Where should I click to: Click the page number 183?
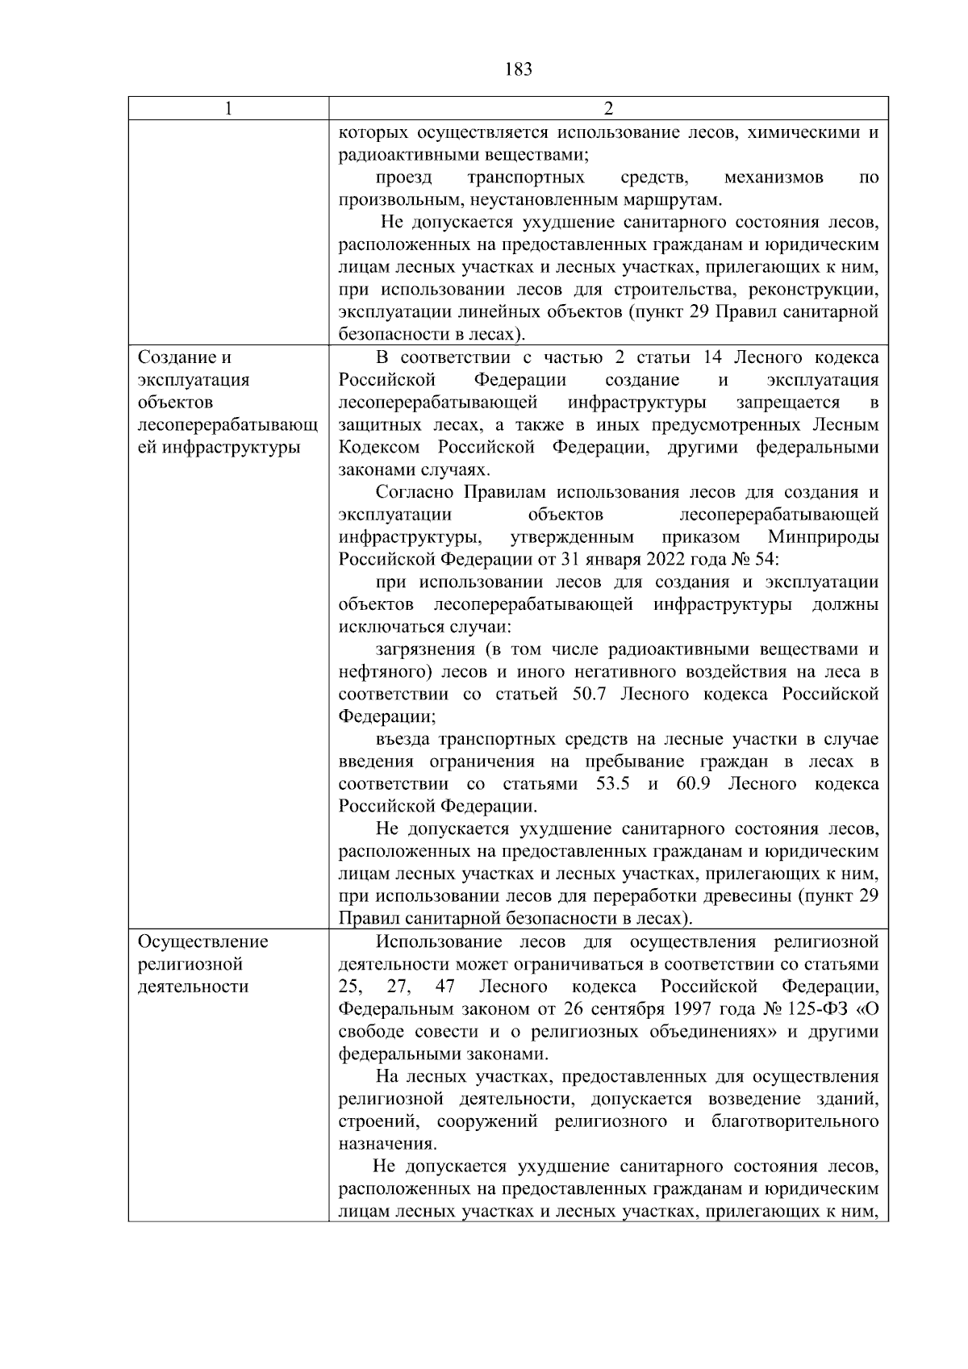[x=519, y=69]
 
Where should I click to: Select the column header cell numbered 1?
[x=229, y=109]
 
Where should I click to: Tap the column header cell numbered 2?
[x=608, y=109]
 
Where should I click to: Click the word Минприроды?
[x=823, y=537]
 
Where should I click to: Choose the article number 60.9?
[x=693, y=784]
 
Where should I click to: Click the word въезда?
[x=403, y=740]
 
